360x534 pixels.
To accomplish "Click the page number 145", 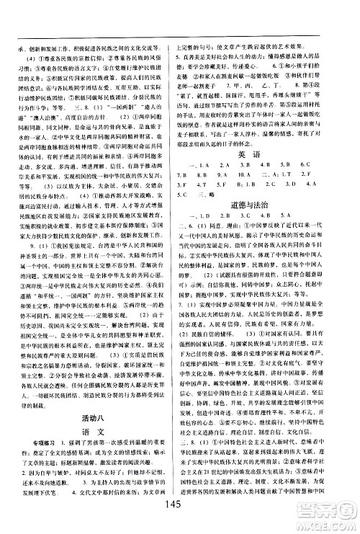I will coord(179,504).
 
